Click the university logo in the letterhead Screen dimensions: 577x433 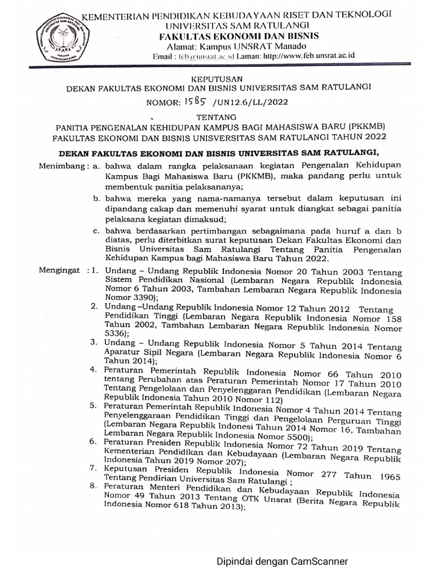pos(60,37)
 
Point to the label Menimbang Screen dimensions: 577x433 pos(63,166)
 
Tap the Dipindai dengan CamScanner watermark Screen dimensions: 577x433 pos(282,561)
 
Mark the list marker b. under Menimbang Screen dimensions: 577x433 pos(96,199)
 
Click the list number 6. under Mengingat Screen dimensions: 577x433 pos(93,442)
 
